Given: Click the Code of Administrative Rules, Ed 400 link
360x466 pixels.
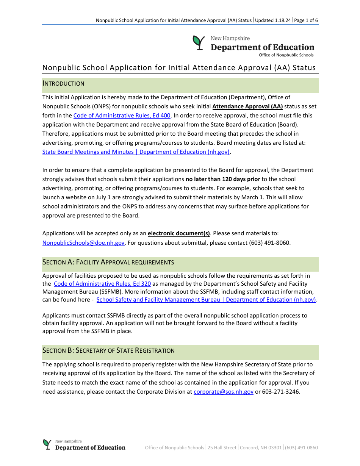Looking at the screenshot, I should pyautogui.click(x=122, y=116).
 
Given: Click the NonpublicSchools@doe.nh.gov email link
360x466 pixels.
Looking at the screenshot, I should pyautogui.click(x=83, y=243).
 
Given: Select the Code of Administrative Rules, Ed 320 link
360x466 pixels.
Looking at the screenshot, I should pyautogui.click(x=102, y=284).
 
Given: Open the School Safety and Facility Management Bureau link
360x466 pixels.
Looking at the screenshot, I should pyautogui.click(x=206, y=300).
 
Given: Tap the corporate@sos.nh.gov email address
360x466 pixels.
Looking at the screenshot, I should pyautogui.click(x=223, y=392).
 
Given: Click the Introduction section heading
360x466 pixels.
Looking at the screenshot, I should pyautogui.click(x=63, y=84).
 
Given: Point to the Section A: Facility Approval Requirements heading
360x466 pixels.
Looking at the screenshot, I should pyautogui.click(x=108, y=262).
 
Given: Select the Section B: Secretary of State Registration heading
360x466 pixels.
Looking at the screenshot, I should pyautogui.click(x=108, y=350).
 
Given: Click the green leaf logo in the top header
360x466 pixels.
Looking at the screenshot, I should pyautogui.click(x=198, y=43).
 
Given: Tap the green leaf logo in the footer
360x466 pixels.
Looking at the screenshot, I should pyautogui.click(x=47, y=444).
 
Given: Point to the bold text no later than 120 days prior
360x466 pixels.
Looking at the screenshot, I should pyautogui.click(x=223, y=179).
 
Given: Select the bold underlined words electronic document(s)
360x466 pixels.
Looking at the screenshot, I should pyautogui.click(x=179, y=234).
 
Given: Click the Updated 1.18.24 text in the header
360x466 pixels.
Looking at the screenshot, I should pyautogui.click(x=273, y=20).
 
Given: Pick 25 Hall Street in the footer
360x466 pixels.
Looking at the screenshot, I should pyautogui.click(x=222, y=448).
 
